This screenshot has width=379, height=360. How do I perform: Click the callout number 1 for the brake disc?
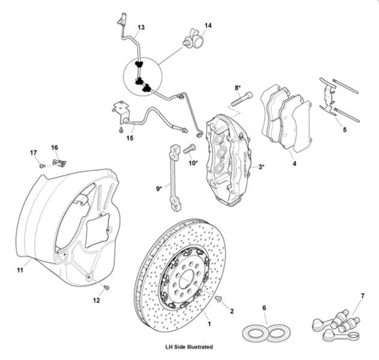[209, 323]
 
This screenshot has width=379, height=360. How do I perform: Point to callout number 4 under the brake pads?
[294, 162]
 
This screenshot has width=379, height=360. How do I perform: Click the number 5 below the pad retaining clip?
[344, 128]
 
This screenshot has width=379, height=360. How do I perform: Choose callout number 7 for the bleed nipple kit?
[362, 296]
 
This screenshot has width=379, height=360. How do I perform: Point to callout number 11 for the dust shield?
[20, 271]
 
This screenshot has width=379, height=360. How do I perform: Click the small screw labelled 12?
[106, 288]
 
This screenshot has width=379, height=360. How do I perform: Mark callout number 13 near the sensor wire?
[141, 28]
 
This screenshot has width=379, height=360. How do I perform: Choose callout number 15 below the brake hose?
[130, 139]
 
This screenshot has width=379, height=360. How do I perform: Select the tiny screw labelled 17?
[42, 165]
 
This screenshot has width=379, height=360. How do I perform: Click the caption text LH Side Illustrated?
[189, 347]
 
